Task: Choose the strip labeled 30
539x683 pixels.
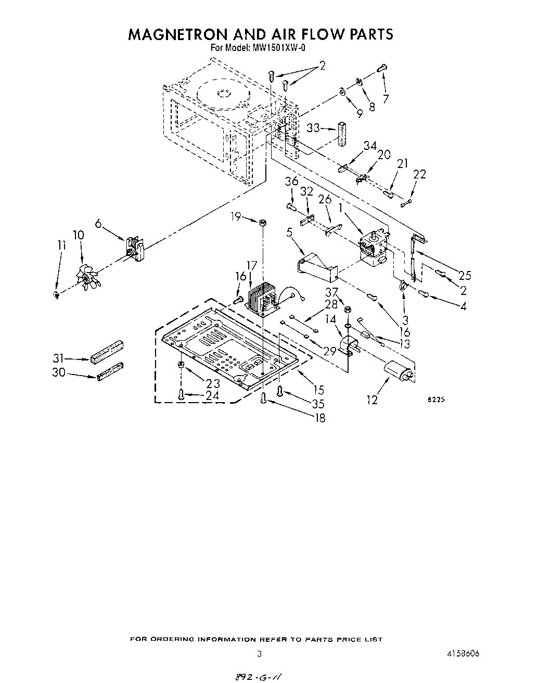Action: pos(110,371)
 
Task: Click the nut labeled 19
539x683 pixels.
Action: pos(263,223)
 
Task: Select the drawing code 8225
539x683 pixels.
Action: pos(435,400)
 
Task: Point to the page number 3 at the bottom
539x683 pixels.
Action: pos(259,654)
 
